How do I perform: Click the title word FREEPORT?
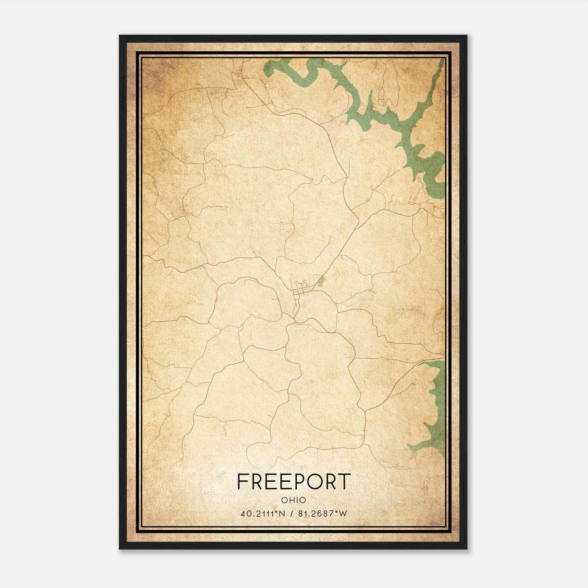pos(294,481)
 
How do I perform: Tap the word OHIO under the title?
pos(294,500)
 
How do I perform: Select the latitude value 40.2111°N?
pos(263,514)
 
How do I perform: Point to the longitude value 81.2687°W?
pos(322,514)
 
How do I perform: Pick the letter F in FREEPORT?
pos(243,481)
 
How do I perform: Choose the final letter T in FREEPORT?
pos(344,481)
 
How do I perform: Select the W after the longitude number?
pos(343,514)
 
